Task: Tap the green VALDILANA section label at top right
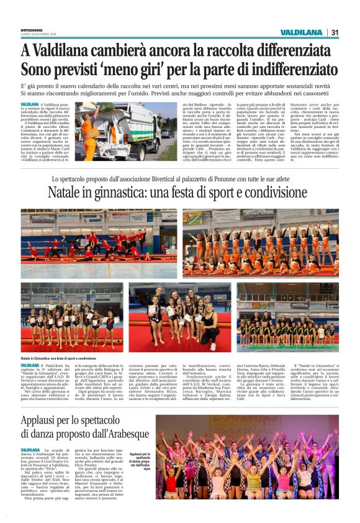(x=301, y=32)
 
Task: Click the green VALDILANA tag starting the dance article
(x=30, y=449)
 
